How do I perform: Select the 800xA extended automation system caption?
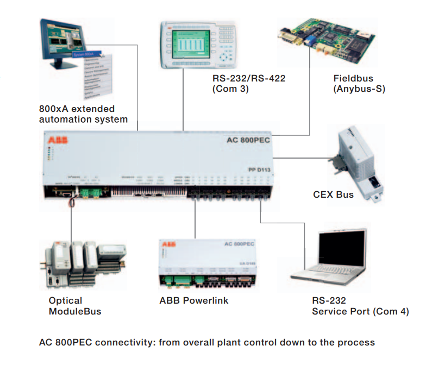[x=83, y=114]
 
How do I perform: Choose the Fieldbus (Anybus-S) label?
[x=359, y=83]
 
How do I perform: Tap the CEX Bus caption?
[x=333, y=194]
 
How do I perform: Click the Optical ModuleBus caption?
[x=75, y=306]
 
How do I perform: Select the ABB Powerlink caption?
[x=193, y=300]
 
